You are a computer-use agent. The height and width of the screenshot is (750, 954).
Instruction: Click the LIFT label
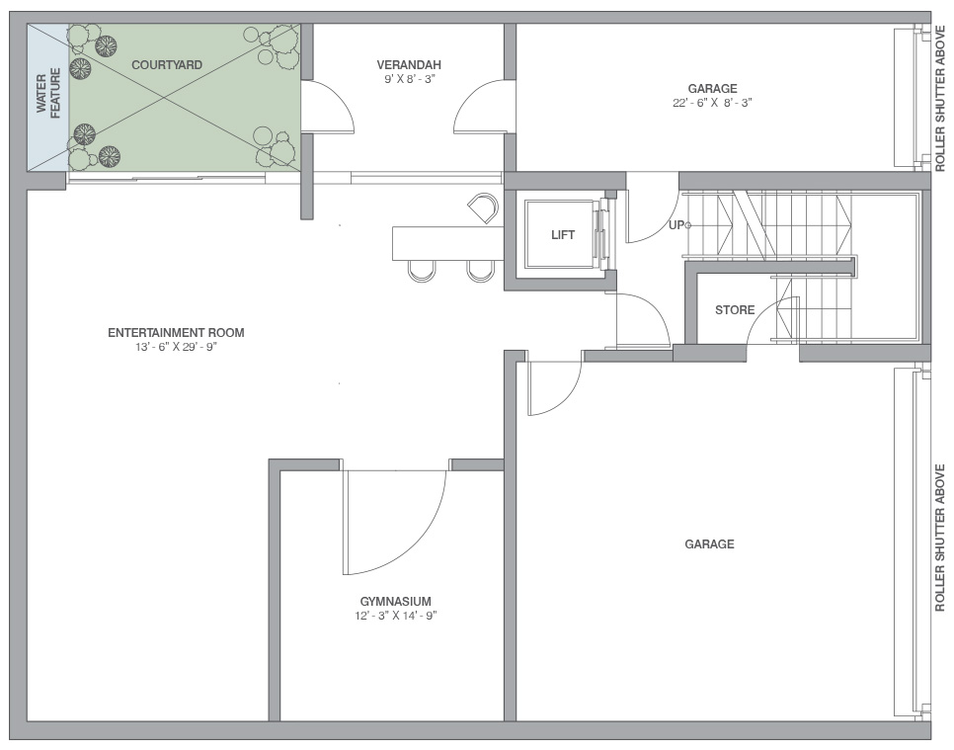click(563, 235)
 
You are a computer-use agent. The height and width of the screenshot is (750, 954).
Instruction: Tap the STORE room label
click(735, 310)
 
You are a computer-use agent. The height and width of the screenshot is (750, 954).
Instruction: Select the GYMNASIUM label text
click(395, 602)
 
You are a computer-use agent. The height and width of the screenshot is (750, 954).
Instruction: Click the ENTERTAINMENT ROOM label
click(176, 332)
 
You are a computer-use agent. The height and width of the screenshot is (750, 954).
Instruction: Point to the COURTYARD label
click(167, 65)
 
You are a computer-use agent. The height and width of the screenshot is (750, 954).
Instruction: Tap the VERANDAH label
click(409, 65)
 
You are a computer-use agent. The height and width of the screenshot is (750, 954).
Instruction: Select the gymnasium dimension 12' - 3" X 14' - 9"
click(395, 616)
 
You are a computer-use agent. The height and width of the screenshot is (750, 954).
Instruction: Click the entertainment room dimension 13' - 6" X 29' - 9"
click(176, 347)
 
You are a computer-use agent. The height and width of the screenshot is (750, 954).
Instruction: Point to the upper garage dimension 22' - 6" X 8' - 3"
click(712, 103)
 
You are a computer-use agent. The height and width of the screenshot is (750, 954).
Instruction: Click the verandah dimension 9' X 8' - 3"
click(409, 79)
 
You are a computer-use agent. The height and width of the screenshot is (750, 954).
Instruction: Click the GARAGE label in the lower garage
click(709, 543)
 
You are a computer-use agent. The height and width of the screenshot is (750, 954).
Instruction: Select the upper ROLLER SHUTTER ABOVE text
click(940, 98)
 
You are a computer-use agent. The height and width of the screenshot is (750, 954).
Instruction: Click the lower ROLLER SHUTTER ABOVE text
click(940, 539)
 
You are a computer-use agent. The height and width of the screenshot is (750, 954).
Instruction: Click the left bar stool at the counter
click(421, 271)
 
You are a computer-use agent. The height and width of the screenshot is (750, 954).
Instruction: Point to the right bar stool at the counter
click(479, 271)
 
